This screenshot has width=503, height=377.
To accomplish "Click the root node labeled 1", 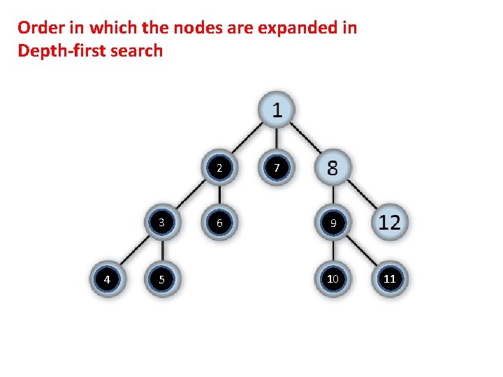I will pos(277,110).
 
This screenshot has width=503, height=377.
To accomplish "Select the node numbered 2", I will pos(219,168).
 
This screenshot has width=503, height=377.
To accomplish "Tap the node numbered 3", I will pos(162,223).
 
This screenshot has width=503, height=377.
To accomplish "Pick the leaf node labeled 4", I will pos(106,279).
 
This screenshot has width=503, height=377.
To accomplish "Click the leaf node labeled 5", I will pos(162,279).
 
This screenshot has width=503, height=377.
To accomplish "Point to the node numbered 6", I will pos(219,223).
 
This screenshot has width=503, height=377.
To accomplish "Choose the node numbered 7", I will pos(277,168).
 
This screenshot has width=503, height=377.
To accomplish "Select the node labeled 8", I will pos(333,168).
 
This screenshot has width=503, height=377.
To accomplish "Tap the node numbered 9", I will pos(333,223).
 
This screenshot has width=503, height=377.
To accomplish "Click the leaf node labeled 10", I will pos(333,279).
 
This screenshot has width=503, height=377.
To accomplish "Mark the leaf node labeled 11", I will pos(390,279).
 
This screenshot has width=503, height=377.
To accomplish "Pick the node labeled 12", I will pos(390,223).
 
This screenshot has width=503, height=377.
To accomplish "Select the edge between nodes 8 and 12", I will pos(361,196).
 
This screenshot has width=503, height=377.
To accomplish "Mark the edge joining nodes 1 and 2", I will pos(247,140).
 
